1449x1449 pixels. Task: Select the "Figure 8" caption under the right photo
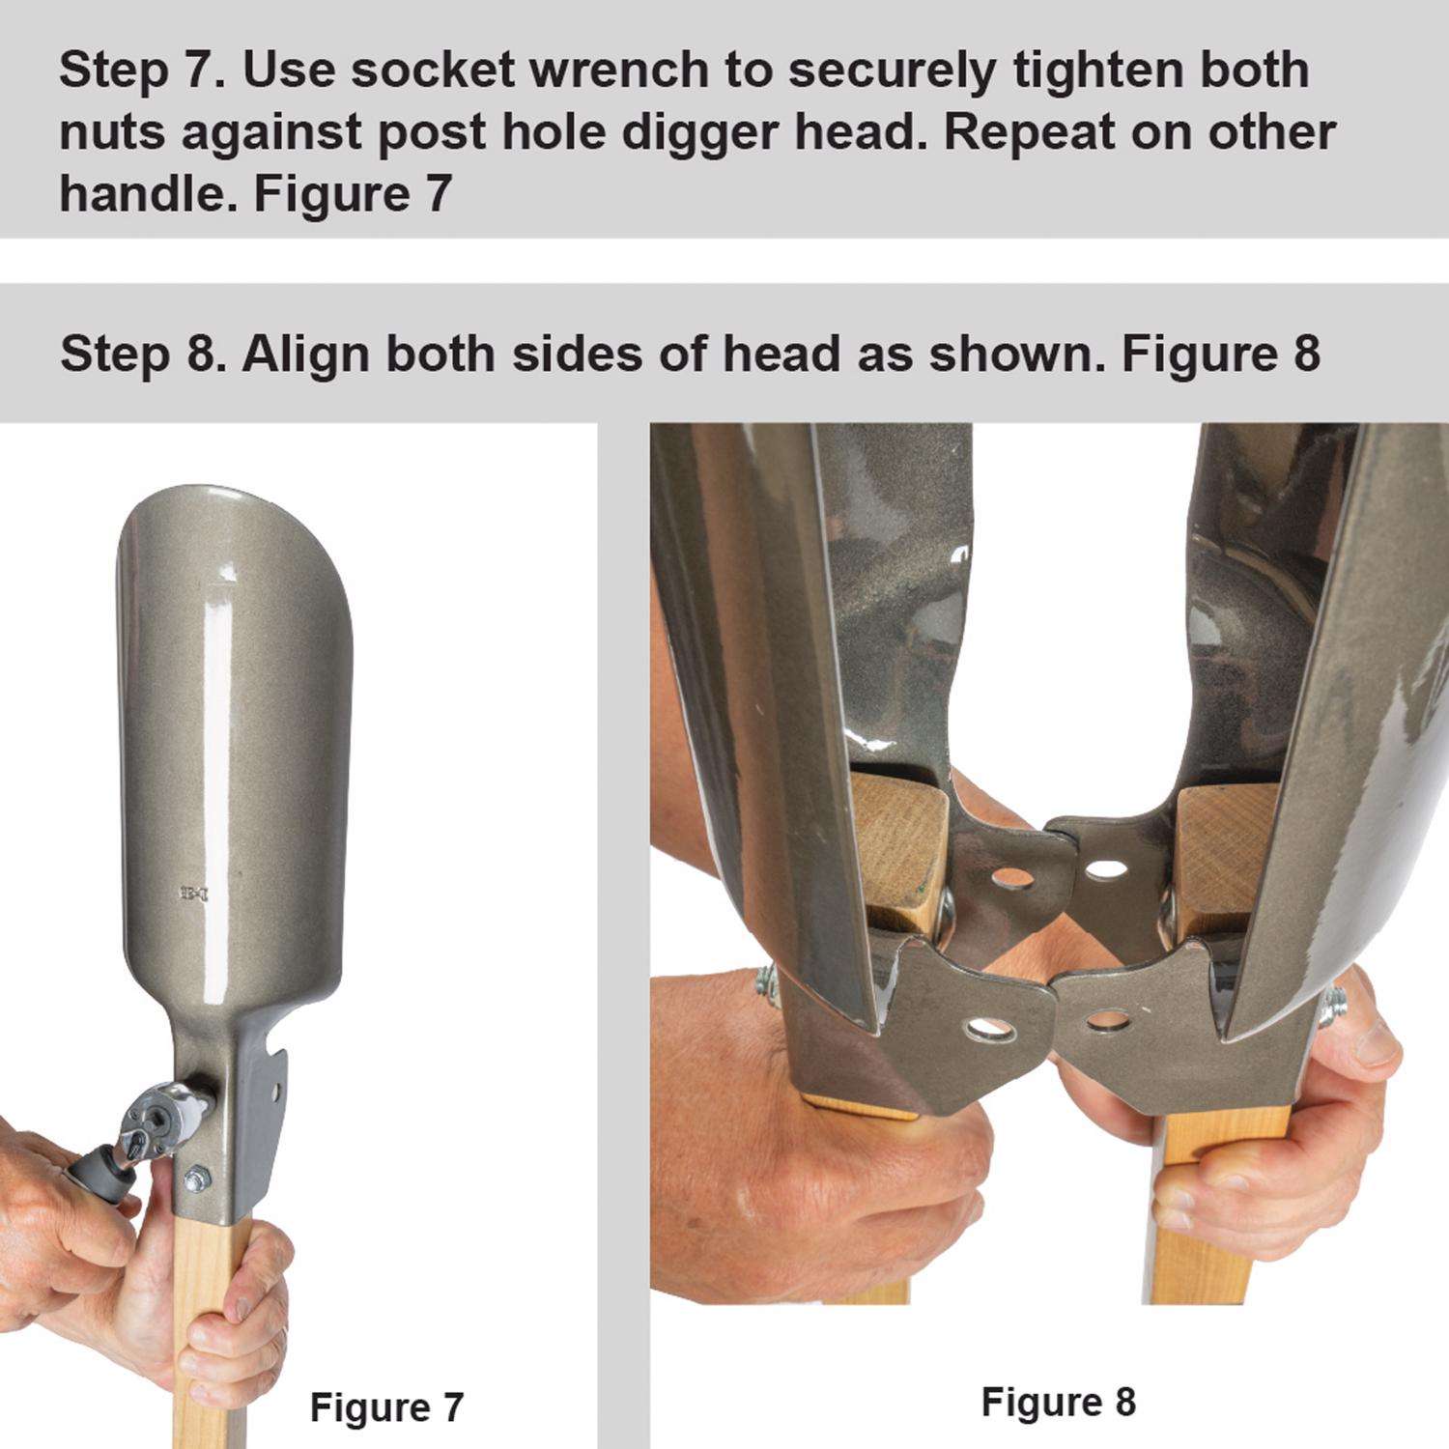[1058, 1402]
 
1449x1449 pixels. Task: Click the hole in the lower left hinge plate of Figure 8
[987, 1028]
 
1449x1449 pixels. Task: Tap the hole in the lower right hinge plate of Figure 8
[1108, 1019]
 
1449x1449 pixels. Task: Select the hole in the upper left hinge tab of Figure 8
[1011, 877]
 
